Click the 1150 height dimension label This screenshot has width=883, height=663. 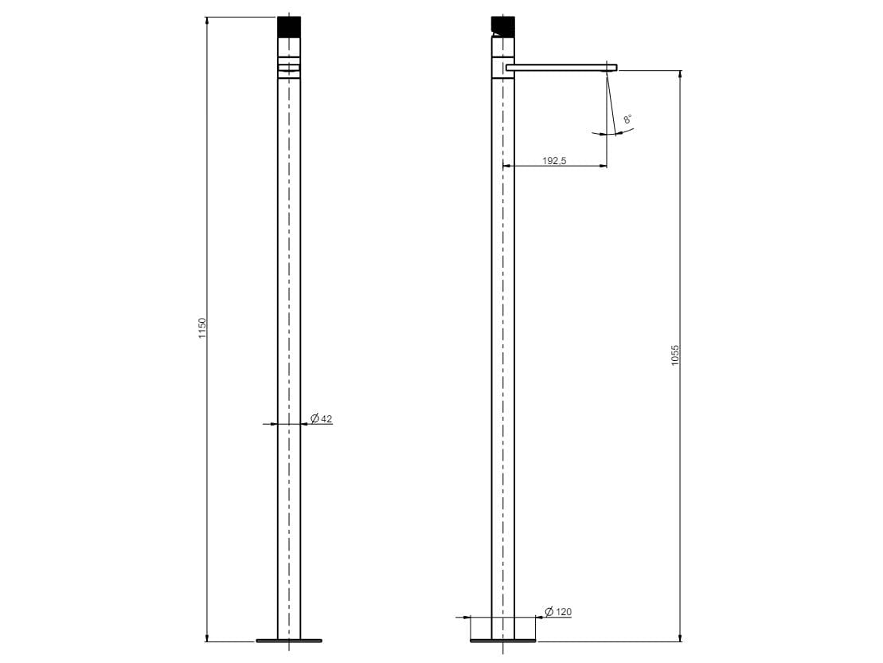[202, 328]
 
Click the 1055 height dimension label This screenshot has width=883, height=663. [675, 355]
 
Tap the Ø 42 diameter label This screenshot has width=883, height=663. [321, 418]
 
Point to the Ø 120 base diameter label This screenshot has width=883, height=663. [557, 612]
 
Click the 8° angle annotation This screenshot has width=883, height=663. [627, 120]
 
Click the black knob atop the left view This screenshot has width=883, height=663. [289, 26]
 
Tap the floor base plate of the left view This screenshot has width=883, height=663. [289, 639]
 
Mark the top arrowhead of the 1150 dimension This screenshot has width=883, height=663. [207, 20]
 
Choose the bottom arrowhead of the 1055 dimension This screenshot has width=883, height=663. [680, 637]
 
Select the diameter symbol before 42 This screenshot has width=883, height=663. [315, 418]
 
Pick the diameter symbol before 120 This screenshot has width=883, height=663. [549, 612]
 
